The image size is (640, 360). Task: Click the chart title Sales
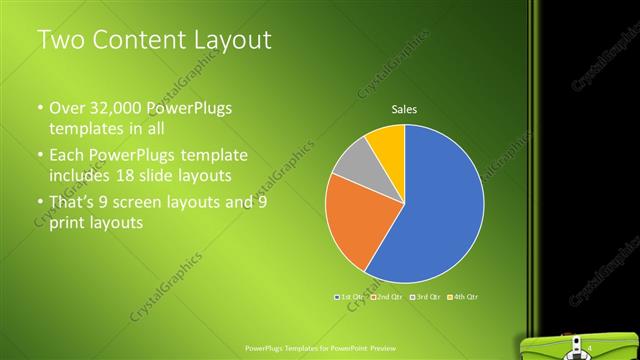403,109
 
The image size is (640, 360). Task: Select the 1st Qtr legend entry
351,297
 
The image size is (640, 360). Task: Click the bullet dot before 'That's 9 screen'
39,203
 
